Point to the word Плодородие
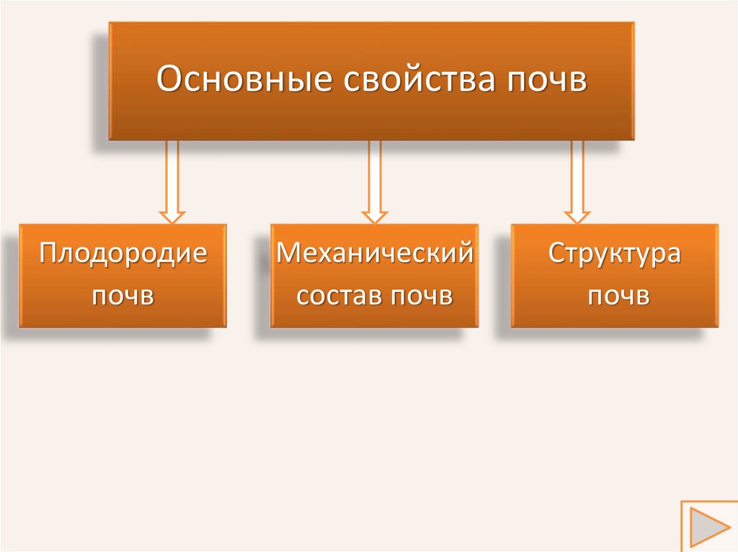(x=123, y=254)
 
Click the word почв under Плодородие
(x=123, y=296)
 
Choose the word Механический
(x=375, y=254)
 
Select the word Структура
(x=614, y=254)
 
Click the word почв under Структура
(x=614, y=296)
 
